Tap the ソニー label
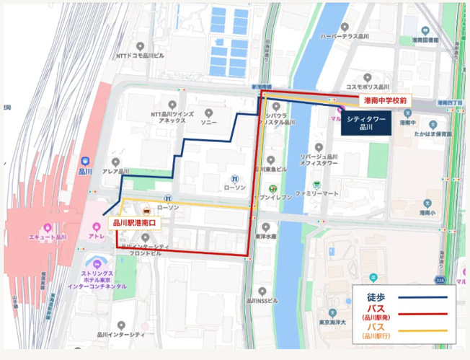pos(208,123)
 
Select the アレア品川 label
pos(115,171)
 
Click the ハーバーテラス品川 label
pos(345,35)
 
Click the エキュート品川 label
pos(48,236)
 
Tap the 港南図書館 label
pos(425,41)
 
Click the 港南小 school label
pos(430,214)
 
